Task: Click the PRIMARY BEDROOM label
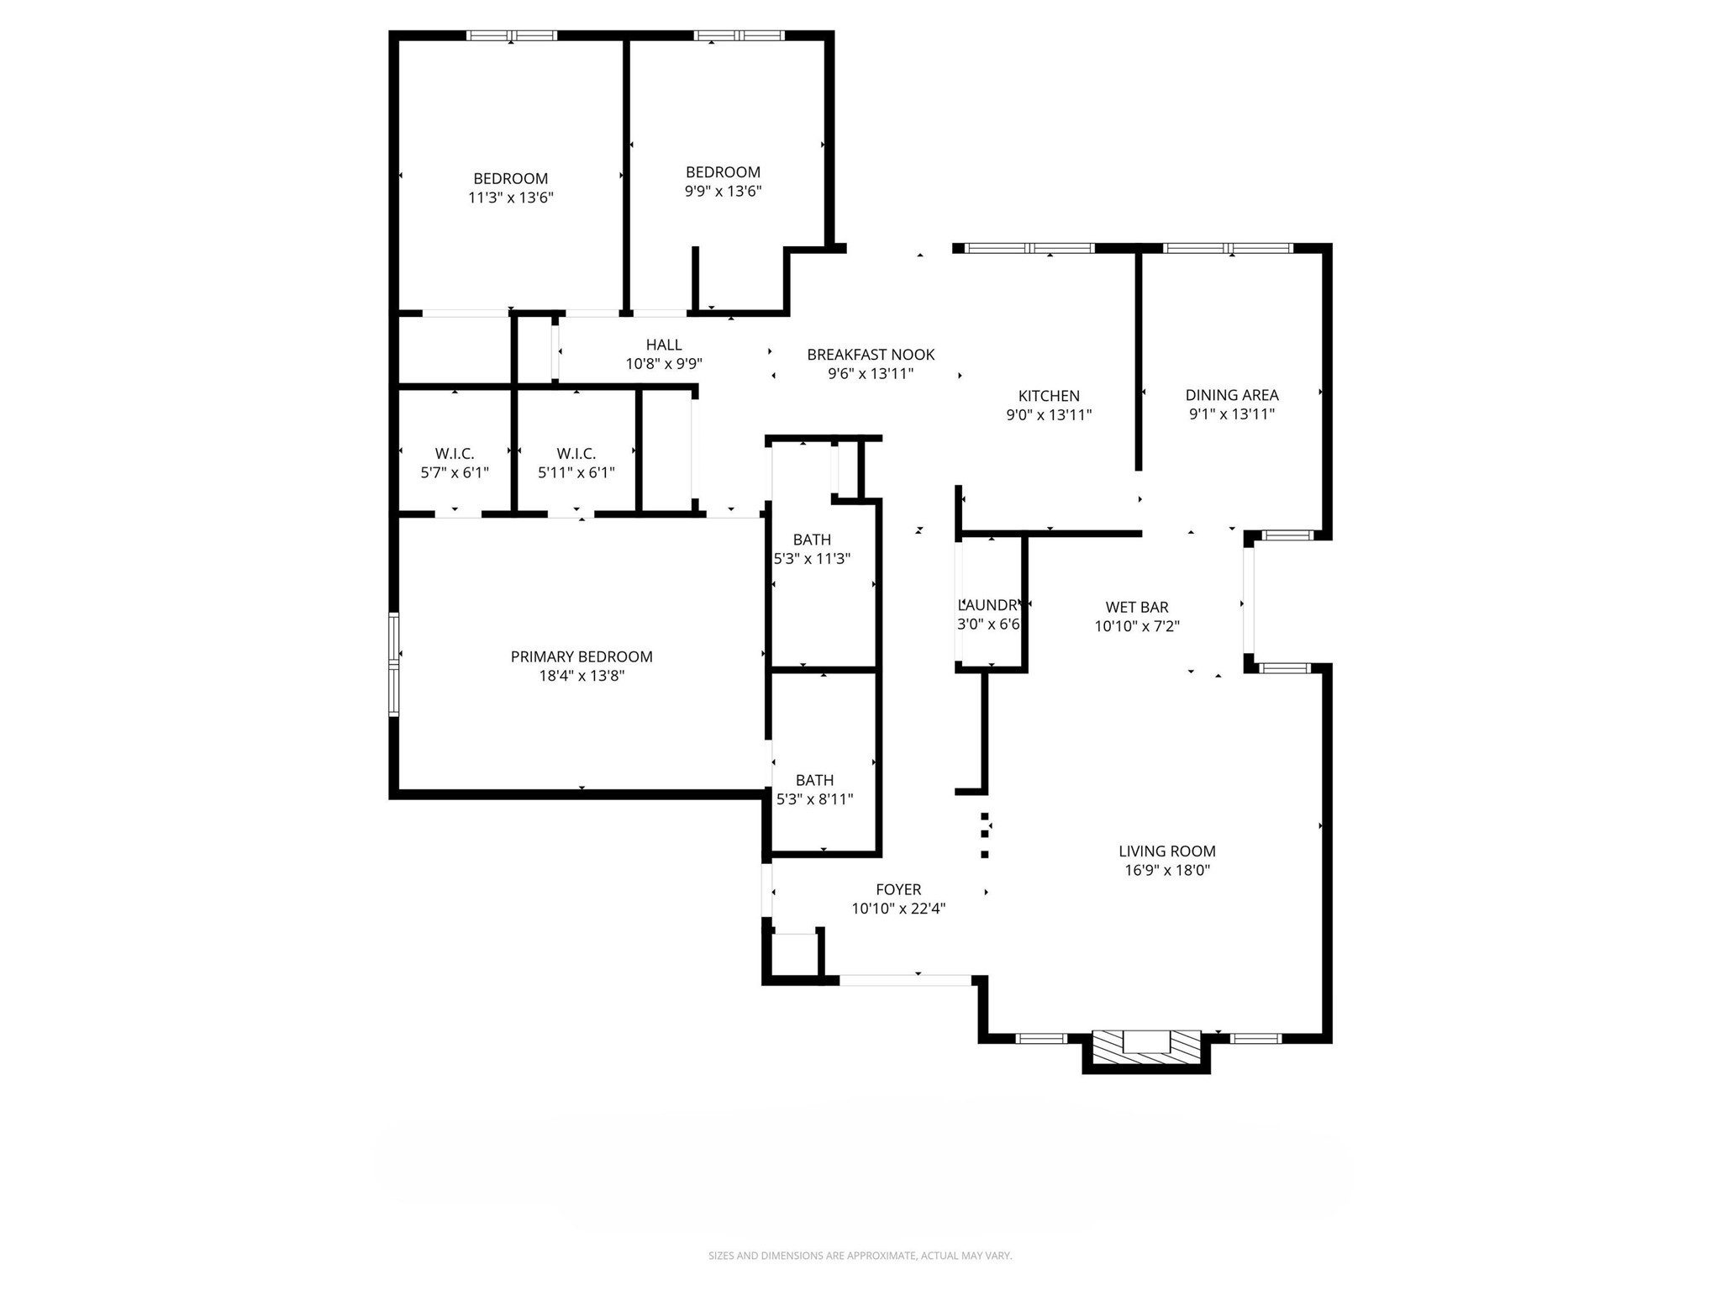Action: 582,656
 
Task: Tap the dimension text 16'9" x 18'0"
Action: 1167,870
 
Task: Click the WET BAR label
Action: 1136,607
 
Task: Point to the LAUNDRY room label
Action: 989,604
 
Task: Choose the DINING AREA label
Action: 1231,395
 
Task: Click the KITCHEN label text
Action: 1049,396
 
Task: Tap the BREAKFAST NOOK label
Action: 871,355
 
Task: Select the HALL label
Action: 664,345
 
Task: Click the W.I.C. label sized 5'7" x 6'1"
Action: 455,454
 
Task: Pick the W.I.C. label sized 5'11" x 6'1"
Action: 576,454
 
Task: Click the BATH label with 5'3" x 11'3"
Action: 812,540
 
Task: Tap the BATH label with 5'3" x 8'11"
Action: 814,780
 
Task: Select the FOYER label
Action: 898,889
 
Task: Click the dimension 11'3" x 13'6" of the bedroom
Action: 511,198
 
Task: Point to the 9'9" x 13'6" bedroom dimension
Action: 723,191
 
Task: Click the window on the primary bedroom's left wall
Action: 393,664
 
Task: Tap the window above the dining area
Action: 1228,248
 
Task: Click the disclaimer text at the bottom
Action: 860,1256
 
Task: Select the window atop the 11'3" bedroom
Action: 512,35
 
